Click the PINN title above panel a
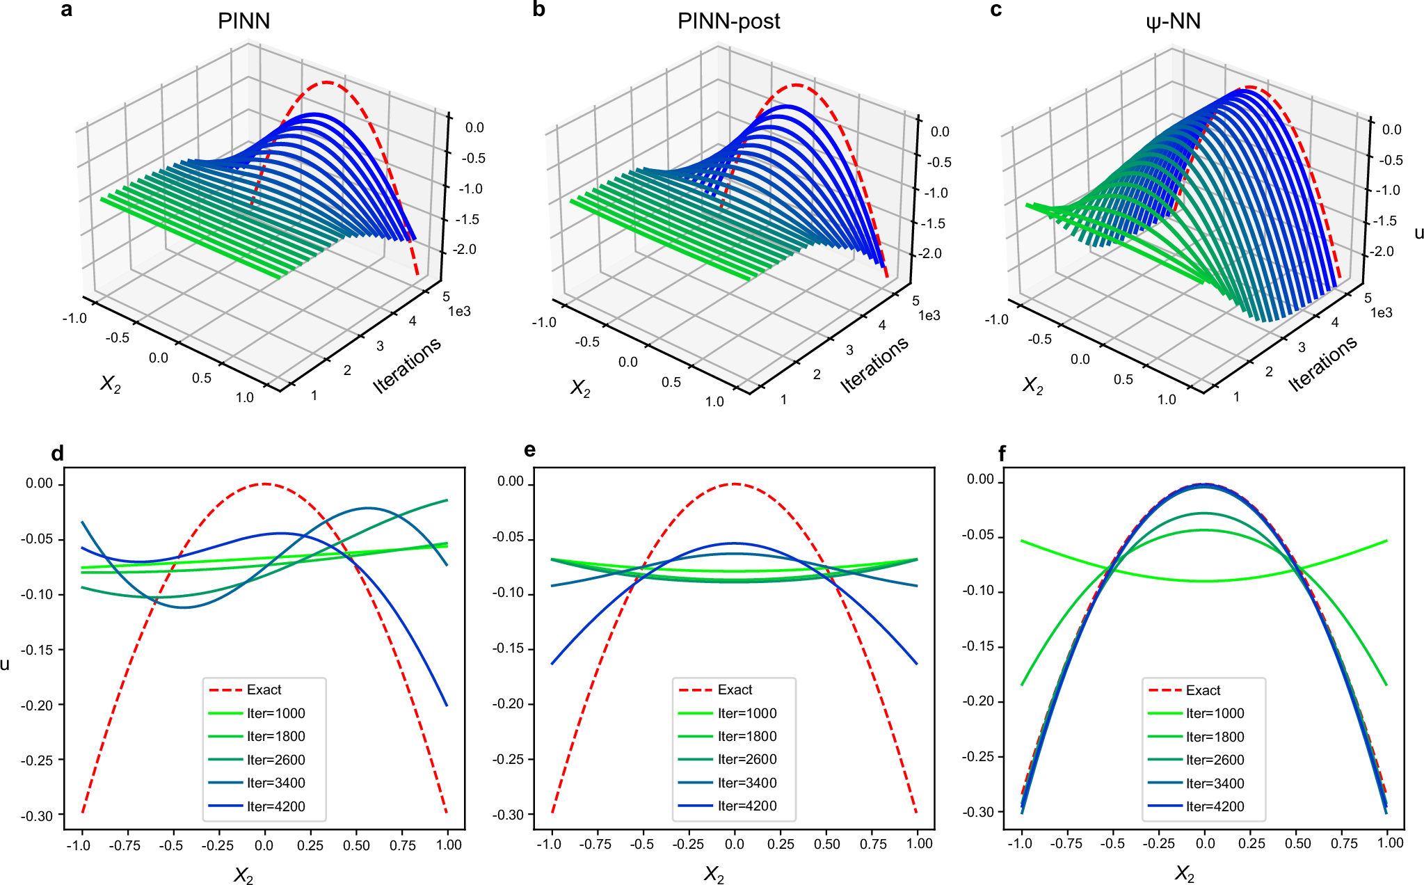pyautogui.click(x=243, y=21)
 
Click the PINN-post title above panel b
pyautogui.click(x=728, y=21)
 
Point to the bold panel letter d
pyautogui.click(x=57, y=454)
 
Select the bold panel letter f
pyautogui.click(x=1002, y=454)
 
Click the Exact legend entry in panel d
pyautogui.click(x=264, y=689)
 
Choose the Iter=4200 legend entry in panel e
pyautogui.click(x=747, y=806)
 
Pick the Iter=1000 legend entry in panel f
pyautogui.click(x=1215, y=713)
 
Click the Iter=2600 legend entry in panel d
pyautogui.click(x=275, y=760)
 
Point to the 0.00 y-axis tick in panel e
pyautogui.click(x=511, y=481)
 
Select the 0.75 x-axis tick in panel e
pyautogui.click(x=873, y=844)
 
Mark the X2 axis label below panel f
pyautogui.click(x=1184, y=874)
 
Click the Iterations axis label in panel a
pyautogui.click(x=407, y=365)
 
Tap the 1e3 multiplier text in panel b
pyautogui.click(x=929, y=316)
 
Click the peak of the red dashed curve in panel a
pyautogui.click(x=326, y=82)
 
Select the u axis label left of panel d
pyautogui.click(x=6, y=664)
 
